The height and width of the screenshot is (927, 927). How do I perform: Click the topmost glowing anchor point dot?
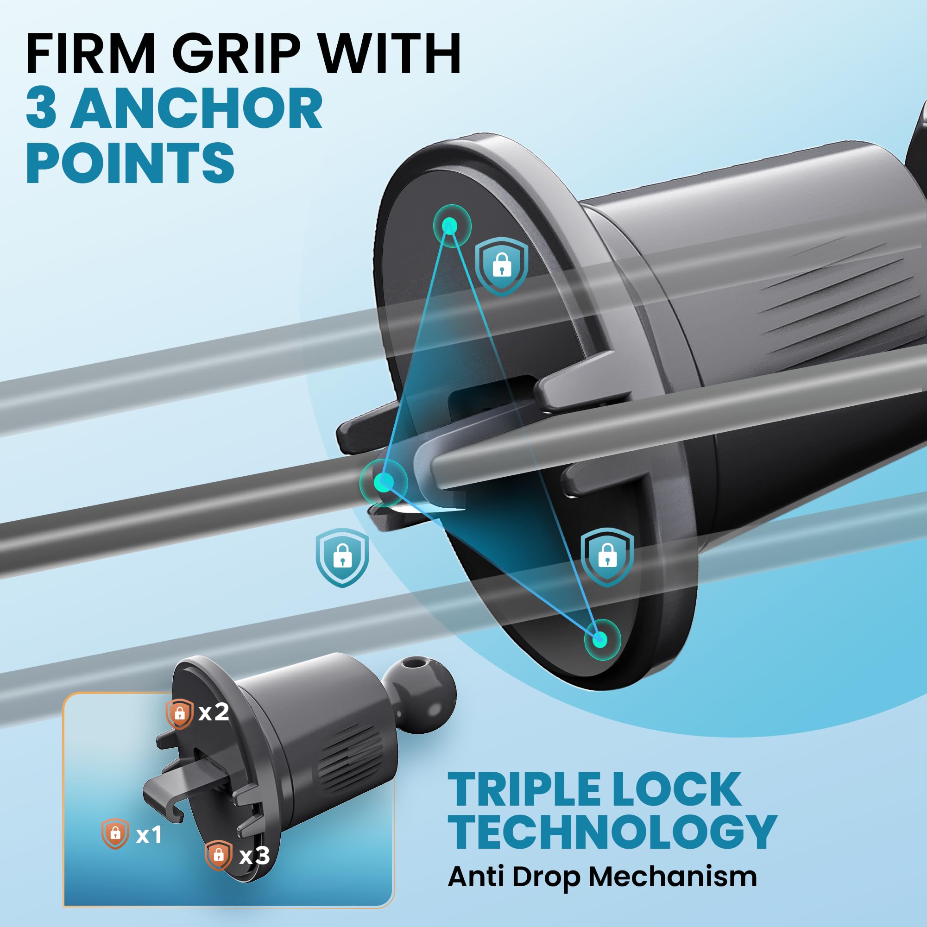[451, 226]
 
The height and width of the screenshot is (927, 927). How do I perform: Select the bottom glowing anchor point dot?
[600, 639]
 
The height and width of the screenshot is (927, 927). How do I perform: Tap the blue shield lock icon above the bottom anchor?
[607, 557]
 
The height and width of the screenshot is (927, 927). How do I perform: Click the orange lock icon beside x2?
[179, 713]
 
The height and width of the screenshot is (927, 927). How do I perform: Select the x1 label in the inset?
[149, 835]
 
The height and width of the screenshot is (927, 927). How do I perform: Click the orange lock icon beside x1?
[115, 834]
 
